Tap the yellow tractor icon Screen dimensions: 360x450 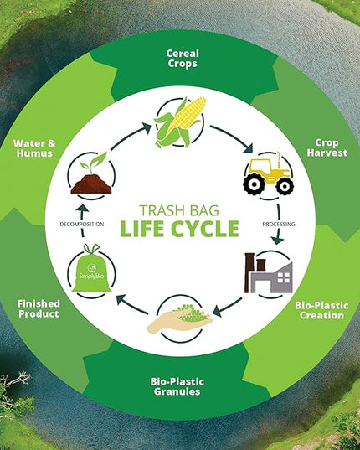(268, 174)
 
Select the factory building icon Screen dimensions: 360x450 (269, 273)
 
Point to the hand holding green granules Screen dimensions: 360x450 (180, 319)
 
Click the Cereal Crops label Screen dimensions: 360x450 (183, 59)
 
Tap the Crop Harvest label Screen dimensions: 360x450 (327, 147)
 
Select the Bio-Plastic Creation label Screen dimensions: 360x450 (321, 310)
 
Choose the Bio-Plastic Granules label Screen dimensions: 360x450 (177, 386)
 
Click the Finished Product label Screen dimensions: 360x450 (39, 308)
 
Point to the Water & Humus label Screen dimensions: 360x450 (34, 148)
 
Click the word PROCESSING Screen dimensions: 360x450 (279, 224)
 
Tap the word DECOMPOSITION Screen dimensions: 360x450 (82, 224)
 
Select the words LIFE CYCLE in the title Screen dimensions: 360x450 (180, 229)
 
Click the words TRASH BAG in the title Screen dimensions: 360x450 (179, 210)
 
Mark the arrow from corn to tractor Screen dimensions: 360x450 (233, 137)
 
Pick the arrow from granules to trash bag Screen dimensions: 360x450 (131, 303)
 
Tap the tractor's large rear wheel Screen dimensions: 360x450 (254, 184)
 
